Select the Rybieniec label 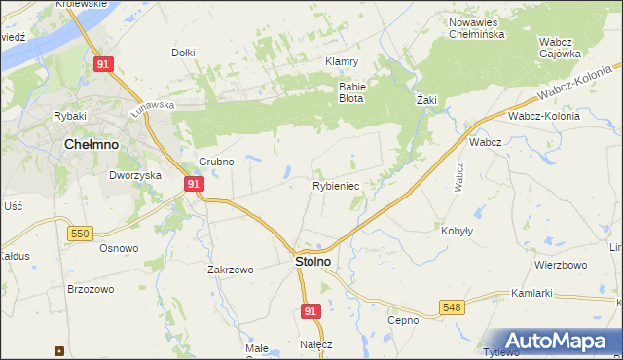pos(337,185)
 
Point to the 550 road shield pos(81,233)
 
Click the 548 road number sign pos(451,306)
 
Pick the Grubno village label pos(216,162)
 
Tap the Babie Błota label pos(350,91)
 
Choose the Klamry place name pos(342,60)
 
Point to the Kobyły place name pos(457,231)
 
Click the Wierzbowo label pos(560,265)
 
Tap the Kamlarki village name pos(531,293)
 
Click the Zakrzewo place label pos(230,270)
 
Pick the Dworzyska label pos(134,176)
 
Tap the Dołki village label pos(183,53)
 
